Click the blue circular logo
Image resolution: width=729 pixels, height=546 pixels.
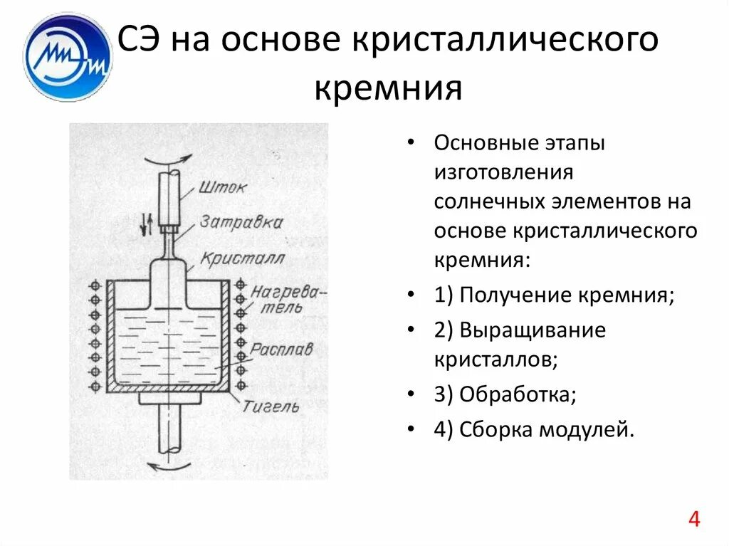[68, 57]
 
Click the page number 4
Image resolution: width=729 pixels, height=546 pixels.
[694, 520]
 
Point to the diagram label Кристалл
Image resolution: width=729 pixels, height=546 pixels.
[241, 256]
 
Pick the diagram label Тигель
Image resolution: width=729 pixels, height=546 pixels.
[271, 406]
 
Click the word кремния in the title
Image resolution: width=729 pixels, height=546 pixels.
[388, 90]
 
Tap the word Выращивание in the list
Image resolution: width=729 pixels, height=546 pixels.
[533, 331]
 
